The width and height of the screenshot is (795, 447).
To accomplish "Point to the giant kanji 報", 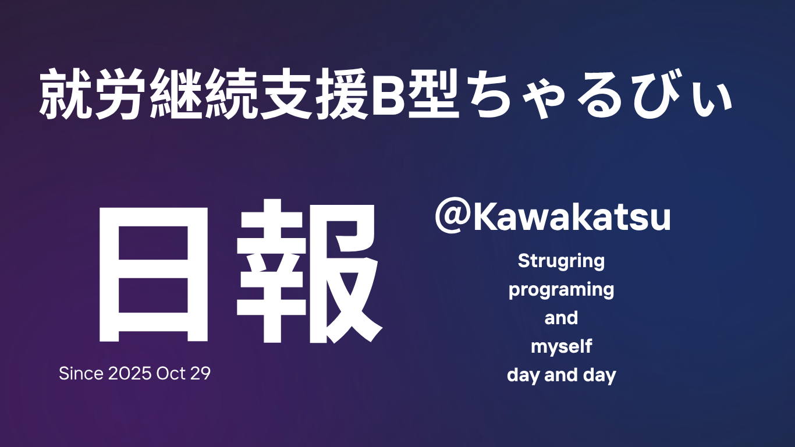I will (309, 272).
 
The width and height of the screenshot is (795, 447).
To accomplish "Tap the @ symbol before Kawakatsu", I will (451, 218).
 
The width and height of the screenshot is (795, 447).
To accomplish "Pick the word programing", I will (561, 290).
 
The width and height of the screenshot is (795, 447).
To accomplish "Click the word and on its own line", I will (561, 318).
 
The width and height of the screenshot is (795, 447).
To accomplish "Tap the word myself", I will (561, 347).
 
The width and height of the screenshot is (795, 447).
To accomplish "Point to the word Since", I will (81, 374).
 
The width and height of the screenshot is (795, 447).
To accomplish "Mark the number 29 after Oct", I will (200, 374).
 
